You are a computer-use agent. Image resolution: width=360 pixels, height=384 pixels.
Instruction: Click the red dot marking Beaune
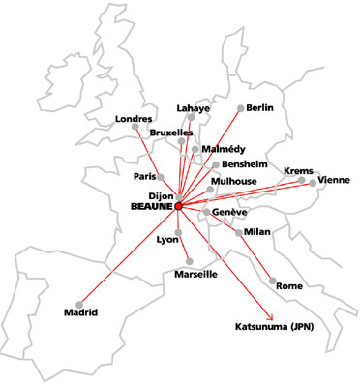pos(179,205)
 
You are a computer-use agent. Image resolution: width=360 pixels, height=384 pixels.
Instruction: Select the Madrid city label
pos(81,312)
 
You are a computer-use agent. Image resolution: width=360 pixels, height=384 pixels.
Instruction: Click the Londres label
pos(135,119)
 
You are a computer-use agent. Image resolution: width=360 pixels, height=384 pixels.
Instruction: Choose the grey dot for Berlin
pos(240,108)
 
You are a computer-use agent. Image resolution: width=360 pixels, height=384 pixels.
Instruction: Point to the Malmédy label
pos(225,149)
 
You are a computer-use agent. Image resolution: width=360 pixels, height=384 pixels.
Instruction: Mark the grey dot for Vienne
pos(312,182)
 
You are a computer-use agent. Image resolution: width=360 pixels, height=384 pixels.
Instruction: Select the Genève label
pos(230,212)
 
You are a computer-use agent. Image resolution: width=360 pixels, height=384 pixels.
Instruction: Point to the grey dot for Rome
pos(272,281)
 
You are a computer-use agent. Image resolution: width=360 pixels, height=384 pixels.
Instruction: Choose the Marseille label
pos(195,274)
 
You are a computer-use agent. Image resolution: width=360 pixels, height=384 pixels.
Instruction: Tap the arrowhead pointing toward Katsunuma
pos(274,315)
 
